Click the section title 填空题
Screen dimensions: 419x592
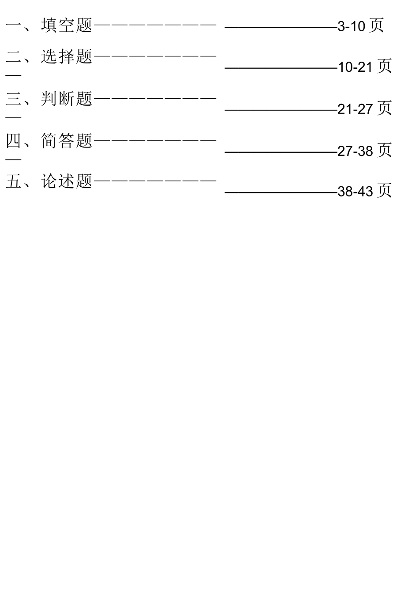[x=67, y=25]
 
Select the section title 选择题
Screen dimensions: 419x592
[x=67, y=56]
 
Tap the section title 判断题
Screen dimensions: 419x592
[x=67, y=99]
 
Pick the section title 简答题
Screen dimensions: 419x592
[x=67, y=141]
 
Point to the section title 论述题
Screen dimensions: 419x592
[x=67, y=181]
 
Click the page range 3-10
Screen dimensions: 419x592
[x=352, y=26]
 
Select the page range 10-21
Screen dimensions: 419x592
[x=355, y=67]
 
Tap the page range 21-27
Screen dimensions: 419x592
[x=355, y=109]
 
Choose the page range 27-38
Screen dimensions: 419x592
[x=355, y=151]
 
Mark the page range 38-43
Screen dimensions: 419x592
[x=355, y=191]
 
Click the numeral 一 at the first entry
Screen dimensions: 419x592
[x=13, y=26]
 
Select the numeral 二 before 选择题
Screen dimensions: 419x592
[x=13, y=56]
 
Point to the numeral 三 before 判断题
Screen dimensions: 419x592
[x=13, y=99]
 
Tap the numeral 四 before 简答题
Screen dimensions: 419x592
[x=13, y=141]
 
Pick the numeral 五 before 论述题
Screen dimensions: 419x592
[x=13, y=181]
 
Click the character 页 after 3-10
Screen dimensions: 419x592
[x=376, y=25]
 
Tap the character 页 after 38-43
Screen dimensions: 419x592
[x=384, y=190]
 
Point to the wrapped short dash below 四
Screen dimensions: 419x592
[x=13, y=160]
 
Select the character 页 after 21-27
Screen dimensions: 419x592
[x=384, y=108]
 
